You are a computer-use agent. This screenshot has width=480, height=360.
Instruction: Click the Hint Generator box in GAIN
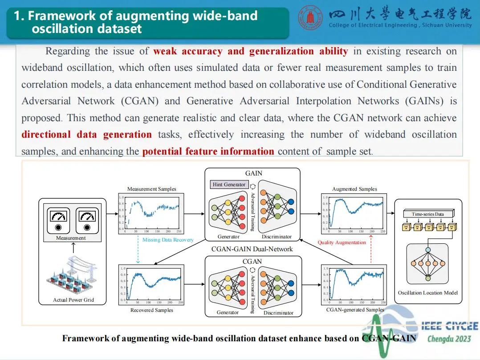pyautogui.click(x=229, y=184)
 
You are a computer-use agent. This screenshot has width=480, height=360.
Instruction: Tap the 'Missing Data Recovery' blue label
pyautogui.click(x=168, y=240)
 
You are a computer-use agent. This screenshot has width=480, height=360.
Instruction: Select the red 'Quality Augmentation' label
pyautogui.click(x=342, y=242)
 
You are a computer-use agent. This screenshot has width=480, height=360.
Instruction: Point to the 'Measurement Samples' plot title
pyautogui.click(x=151, y=189)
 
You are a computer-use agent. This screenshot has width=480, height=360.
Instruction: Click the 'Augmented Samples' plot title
pyautogui.click(x=354, y=189)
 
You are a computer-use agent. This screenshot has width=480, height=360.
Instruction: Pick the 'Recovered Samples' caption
pyautogui.click(x=151, y=310)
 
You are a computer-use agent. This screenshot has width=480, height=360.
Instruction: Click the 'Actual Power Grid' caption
pyautogui.click(x=73, y=300)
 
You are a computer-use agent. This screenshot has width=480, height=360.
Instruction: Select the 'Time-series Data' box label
pyautogui.click(x=427, y=214)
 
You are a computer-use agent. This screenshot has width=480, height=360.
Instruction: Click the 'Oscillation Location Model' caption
pyautogui.click(x=427, y=293)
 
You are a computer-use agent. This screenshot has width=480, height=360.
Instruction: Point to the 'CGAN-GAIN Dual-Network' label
pyautogui.click(x=252, y=249)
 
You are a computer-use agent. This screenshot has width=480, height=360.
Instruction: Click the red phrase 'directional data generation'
pyautogui.click(x=86, y=135)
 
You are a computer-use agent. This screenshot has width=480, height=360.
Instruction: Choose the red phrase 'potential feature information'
pyautogui.click(x=208, y=151)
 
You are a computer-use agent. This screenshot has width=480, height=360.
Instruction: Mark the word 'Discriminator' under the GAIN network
pyautogui.click(x=277, y=237)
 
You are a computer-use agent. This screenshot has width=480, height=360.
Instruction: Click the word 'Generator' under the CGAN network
pyautogui.click(x=228, y=312)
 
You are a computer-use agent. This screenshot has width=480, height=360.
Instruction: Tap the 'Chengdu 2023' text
pyautogui.click(x=449, y=339)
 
